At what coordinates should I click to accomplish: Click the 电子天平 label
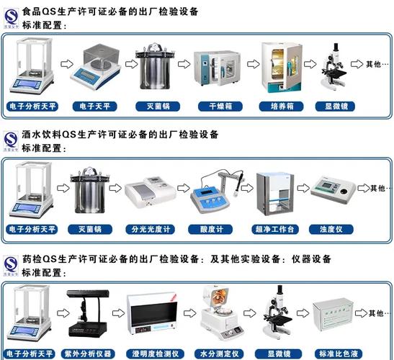point(94,107)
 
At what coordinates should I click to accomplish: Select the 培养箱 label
point(277,107)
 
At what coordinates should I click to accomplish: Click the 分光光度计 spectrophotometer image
point(149,194)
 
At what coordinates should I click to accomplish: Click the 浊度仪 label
point(334,230)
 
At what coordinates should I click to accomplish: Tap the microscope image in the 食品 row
point(334,71)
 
